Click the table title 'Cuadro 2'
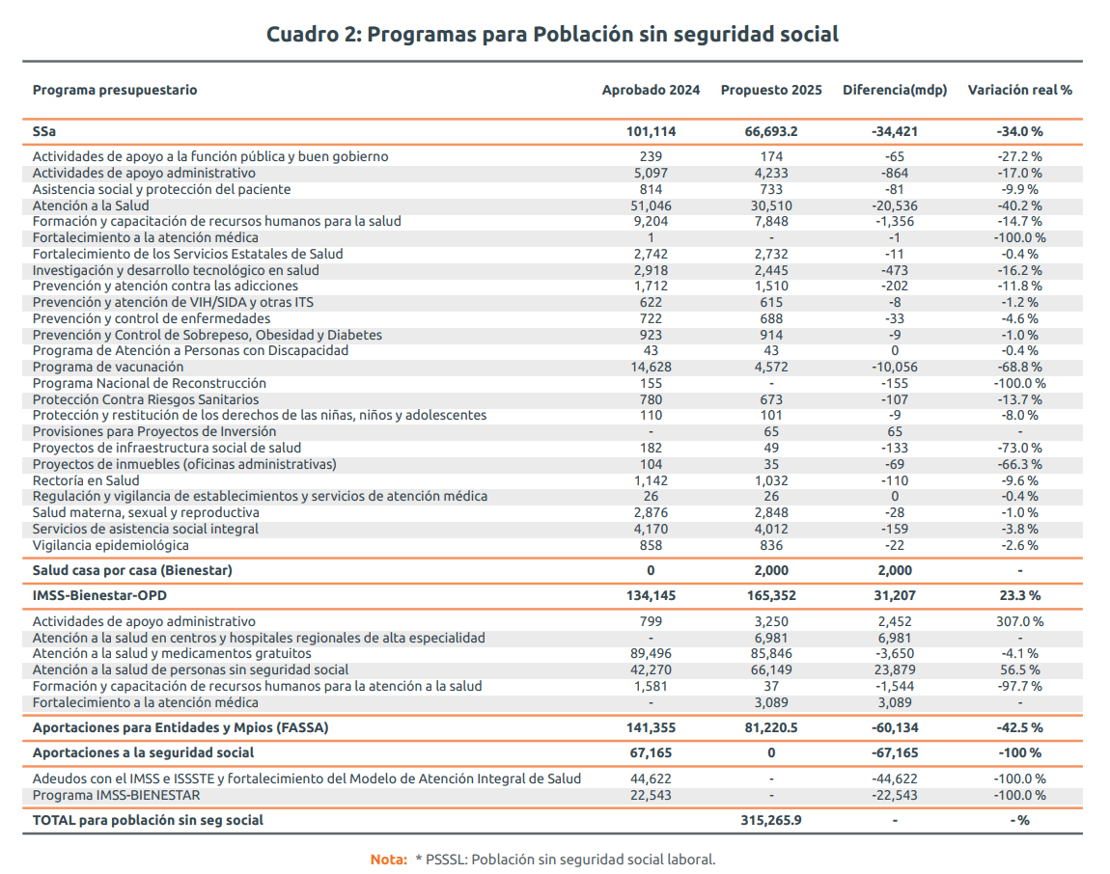pos(552,35)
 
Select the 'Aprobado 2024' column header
pos(651,90)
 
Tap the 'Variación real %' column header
pos(1019,90)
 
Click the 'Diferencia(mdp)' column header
pos(895,90)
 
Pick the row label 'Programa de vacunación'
pos(108,367)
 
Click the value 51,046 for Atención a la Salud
pos(651,205)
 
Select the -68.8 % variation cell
pos(1019,367)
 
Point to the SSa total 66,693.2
pos(771,131)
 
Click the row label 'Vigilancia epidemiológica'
pos(111,545)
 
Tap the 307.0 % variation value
pos(1019,621)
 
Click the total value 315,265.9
pos(771,820)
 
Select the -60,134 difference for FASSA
pos(895,727)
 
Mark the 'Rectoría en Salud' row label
pos(86,480)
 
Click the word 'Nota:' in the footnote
pos(389,859)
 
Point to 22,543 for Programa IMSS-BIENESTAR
pos(651,795)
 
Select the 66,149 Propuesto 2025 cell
pos(771,669)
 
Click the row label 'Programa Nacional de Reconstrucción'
pos(149,383)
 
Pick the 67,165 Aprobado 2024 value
pos(651,752)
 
